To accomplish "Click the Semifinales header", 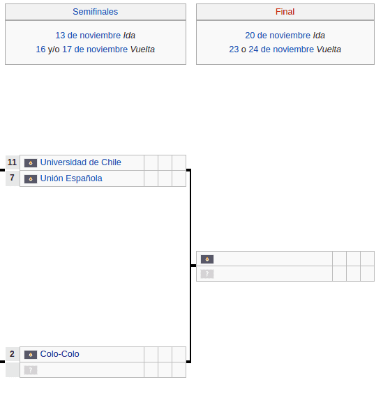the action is tap(95, 12).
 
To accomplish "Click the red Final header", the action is tap(285, 12).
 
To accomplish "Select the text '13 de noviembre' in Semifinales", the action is tap(88, 36).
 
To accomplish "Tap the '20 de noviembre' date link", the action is tap(278, 36).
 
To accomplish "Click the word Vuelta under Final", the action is tap(329, 49).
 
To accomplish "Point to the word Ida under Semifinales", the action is tap(129, 36).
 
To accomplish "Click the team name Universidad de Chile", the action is tap(81, 162).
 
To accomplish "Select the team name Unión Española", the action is tap(71, 178).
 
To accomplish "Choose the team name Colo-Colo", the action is tap(60, 354).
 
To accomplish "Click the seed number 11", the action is tap(12, 162).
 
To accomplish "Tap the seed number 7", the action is tap(12, 178).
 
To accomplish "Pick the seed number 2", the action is tap(12, 354).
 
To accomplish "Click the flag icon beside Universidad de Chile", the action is tap(31, 163).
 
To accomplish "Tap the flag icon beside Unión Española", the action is tap(31, 179).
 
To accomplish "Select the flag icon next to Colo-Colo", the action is tap(31, 355).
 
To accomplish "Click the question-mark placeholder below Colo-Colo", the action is tap(31, 370).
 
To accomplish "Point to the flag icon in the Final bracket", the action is tap(207, 259).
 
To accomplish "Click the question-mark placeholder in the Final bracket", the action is tap(207, 274).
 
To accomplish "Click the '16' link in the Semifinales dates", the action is tap(40, 49).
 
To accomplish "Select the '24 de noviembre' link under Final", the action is tap(281, 49).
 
